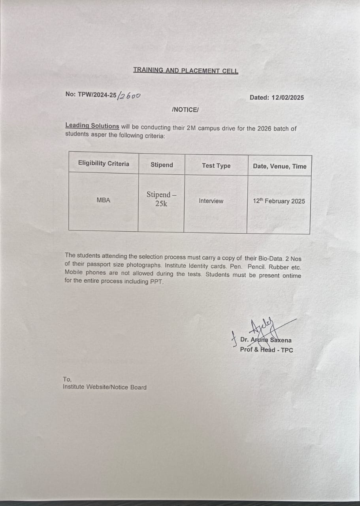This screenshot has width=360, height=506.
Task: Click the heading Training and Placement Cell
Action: pos(186,71)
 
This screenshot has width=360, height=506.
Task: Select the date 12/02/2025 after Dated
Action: pos(288,98)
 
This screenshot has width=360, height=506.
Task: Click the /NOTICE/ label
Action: pos(185,110)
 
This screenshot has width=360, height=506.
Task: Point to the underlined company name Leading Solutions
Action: pos(92,126)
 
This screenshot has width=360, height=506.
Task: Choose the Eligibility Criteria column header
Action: pos(104,164)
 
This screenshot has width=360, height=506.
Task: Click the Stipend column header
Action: pos(162,165)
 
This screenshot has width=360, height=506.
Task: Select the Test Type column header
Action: pos(216,166)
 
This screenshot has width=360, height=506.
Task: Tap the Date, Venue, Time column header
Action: pos(279,166)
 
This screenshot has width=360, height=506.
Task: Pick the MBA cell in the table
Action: pos(104,200)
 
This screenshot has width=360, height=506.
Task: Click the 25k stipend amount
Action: pos(161,204)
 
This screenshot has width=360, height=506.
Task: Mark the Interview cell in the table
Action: pos(211,201)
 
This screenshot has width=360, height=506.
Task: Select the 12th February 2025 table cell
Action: pos(279,201)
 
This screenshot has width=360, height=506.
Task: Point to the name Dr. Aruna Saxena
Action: pos(266,340)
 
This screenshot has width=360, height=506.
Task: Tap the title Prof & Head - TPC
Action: pos(266,350)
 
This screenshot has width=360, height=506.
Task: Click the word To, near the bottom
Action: pos(67,379)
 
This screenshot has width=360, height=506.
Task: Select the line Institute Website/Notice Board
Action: pos(104,387)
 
